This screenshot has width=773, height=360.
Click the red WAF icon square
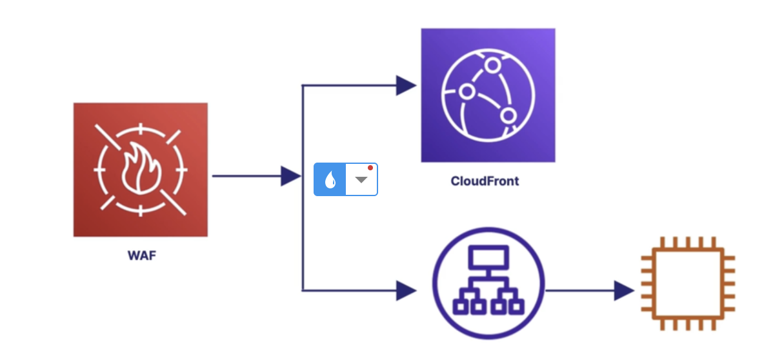coord(141,170)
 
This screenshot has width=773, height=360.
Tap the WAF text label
coord(141,255)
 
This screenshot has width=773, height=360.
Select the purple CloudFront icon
coord(488,95)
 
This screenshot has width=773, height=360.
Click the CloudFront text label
coord(485,181)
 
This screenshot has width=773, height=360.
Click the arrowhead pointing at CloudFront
coord(406,85)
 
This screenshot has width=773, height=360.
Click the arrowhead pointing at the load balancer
coord(406,290)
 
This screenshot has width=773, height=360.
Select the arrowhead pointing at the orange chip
coord(623,290)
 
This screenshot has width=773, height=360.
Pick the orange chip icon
coord(688,284)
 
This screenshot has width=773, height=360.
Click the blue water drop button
coord(330,179)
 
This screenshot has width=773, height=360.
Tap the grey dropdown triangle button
coord(361,179)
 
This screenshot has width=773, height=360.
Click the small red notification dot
coord(370,168)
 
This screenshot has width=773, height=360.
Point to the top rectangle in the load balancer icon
coord(488,258)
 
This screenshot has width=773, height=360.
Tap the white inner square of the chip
coord(688,284)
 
